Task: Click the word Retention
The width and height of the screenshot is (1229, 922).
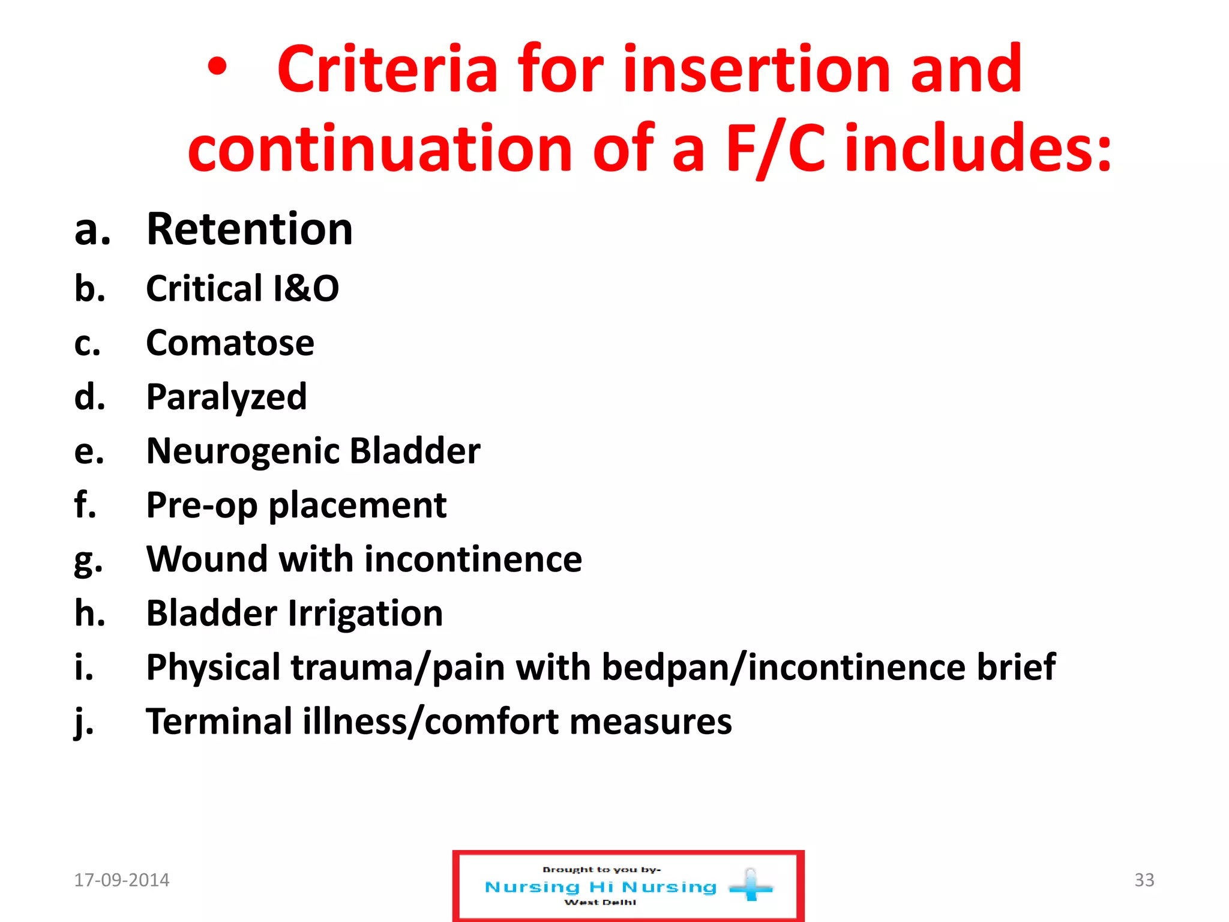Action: [x=250, y=229]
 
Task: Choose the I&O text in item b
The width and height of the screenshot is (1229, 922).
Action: [x=306, y=289]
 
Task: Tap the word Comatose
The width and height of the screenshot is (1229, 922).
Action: [x=230, y=343]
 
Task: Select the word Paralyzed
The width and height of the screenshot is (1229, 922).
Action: [x=226, y=397]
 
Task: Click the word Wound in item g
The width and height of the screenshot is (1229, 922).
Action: [x=207, y=559]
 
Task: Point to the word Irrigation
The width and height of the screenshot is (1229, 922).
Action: [x=365, y=613]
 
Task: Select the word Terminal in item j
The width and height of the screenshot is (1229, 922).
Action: [x=219, y=722]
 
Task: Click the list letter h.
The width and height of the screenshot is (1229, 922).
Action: [x=90, y=613]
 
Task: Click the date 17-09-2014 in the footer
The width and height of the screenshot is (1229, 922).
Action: [x=122, y=880]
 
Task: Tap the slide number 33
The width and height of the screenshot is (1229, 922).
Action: [x=1144, y=880]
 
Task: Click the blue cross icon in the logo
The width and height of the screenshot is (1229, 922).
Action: [x=751, y=886]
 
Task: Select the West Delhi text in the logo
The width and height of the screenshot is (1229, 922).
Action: [x=600, y=902]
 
